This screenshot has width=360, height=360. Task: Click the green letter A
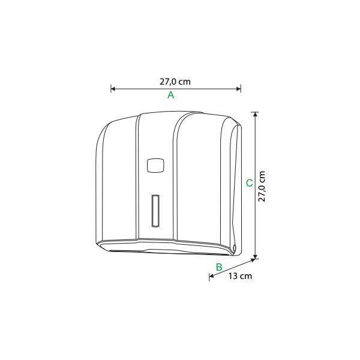pyautogui.click(x=170, y=95)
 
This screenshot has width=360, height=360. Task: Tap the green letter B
pyautogui.click(x=219, y=267)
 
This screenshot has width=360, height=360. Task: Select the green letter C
pyautogui.click(x=249, y=183)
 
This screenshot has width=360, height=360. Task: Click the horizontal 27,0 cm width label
pyautogui.click(x=175, y=82)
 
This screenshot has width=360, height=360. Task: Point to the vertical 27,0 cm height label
pyautogui.click(x=262, y=187)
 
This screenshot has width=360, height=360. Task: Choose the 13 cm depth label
pyautogui.click(x=240, y=276)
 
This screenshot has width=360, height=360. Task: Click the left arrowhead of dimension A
pyautogui.click(x=113, y=89)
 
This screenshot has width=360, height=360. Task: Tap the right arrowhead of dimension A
pyautogui.click(x=239, y=89)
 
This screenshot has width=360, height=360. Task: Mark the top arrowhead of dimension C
pyautogui.click(x=255, y=114)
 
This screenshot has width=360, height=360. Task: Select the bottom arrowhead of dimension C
pyautogui.click(x=255, y=257)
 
